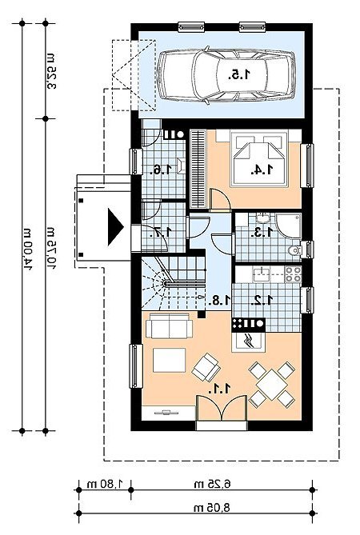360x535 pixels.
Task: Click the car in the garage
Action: coord(226,75)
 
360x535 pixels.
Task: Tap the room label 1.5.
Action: coord(239,74)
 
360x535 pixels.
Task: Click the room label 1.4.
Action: coord(262,170)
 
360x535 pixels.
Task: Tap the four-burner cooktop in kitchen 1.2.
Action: coord(293,274)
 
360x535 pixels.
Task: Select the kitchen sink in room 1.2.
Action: coord(261,274)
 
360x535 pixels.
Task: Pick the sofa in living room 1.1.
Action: coord(169,325)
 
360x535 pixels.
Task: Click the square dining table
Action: coord(272,385)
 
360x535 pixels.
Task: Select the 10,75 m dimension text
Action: coord(51,248)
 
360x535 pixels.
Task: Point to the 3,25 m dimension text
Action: coord(51,71)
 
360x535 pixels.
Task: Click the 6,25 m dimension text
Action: coord(212,484)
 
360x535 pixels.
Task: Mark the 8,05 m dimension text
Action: coord(212,507)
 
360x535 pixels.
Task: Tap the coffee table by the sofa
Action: coord(170,360)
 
